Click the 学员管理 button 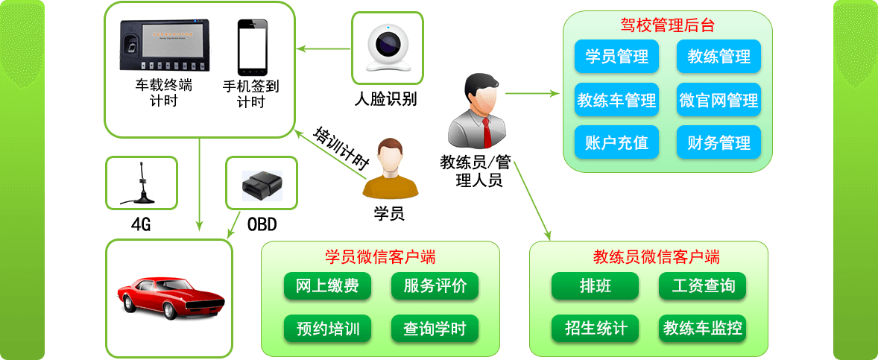click(616, 57)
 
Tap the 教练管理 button click(718, 57)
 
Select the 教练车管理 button click(616, 100)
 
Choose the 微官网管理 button click(718, 100)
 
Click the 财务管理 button click(718, 142)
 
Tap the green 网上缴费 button click(327, 286)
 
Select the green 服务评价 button click(435, 286)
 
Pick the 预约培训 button click(327, 329)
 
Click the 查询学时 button click(435, 329)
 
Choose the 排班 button click(595, 286)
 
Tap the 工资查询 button click(702, 286)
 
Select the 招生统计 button click(595, 329)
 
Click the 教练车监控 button click(702, 329)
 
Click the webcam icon click(387, 47)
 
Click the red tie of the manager click(487, 131)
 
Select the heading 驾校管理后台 click(667, 25)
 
